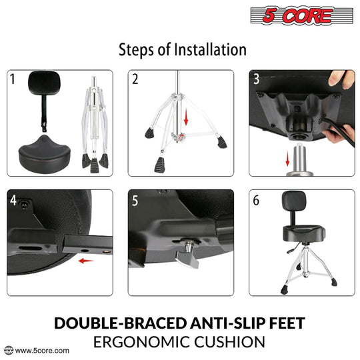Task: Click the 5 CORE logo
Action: [x=301, y=16]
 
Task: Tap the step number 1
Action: [x=13, y=80]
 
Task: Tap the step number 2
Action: [x=135, y=80]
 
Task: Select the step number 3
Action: [x=257, y=80]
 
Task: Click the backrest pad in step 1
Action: [x=41, y=85]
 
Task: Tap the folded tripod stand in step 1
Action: [x=95, y=127]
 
